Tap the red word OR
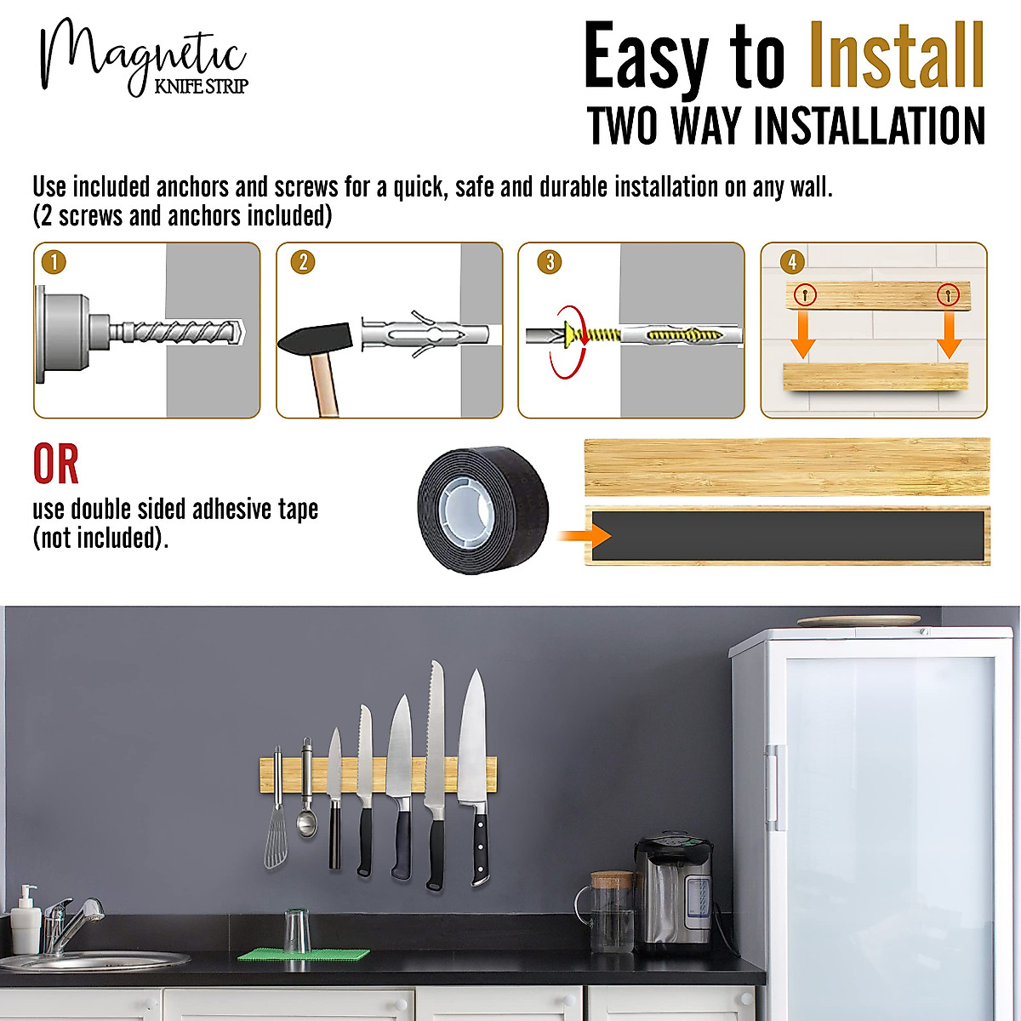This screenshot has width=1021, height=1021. coord(56,465)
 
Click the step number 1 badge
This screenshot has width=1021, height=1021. coord(54,261)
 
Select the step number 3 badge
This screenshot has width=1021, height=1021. coord(550,261)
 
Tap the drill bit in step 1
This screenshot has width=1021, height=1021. coord(183,331)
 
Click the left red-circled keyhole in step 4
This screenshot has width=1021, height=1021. coord(804,295)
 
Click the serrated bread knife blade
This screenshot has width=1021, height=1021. coord(436,732)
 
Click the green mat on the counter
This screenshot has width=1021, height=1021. coord(304,955)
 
